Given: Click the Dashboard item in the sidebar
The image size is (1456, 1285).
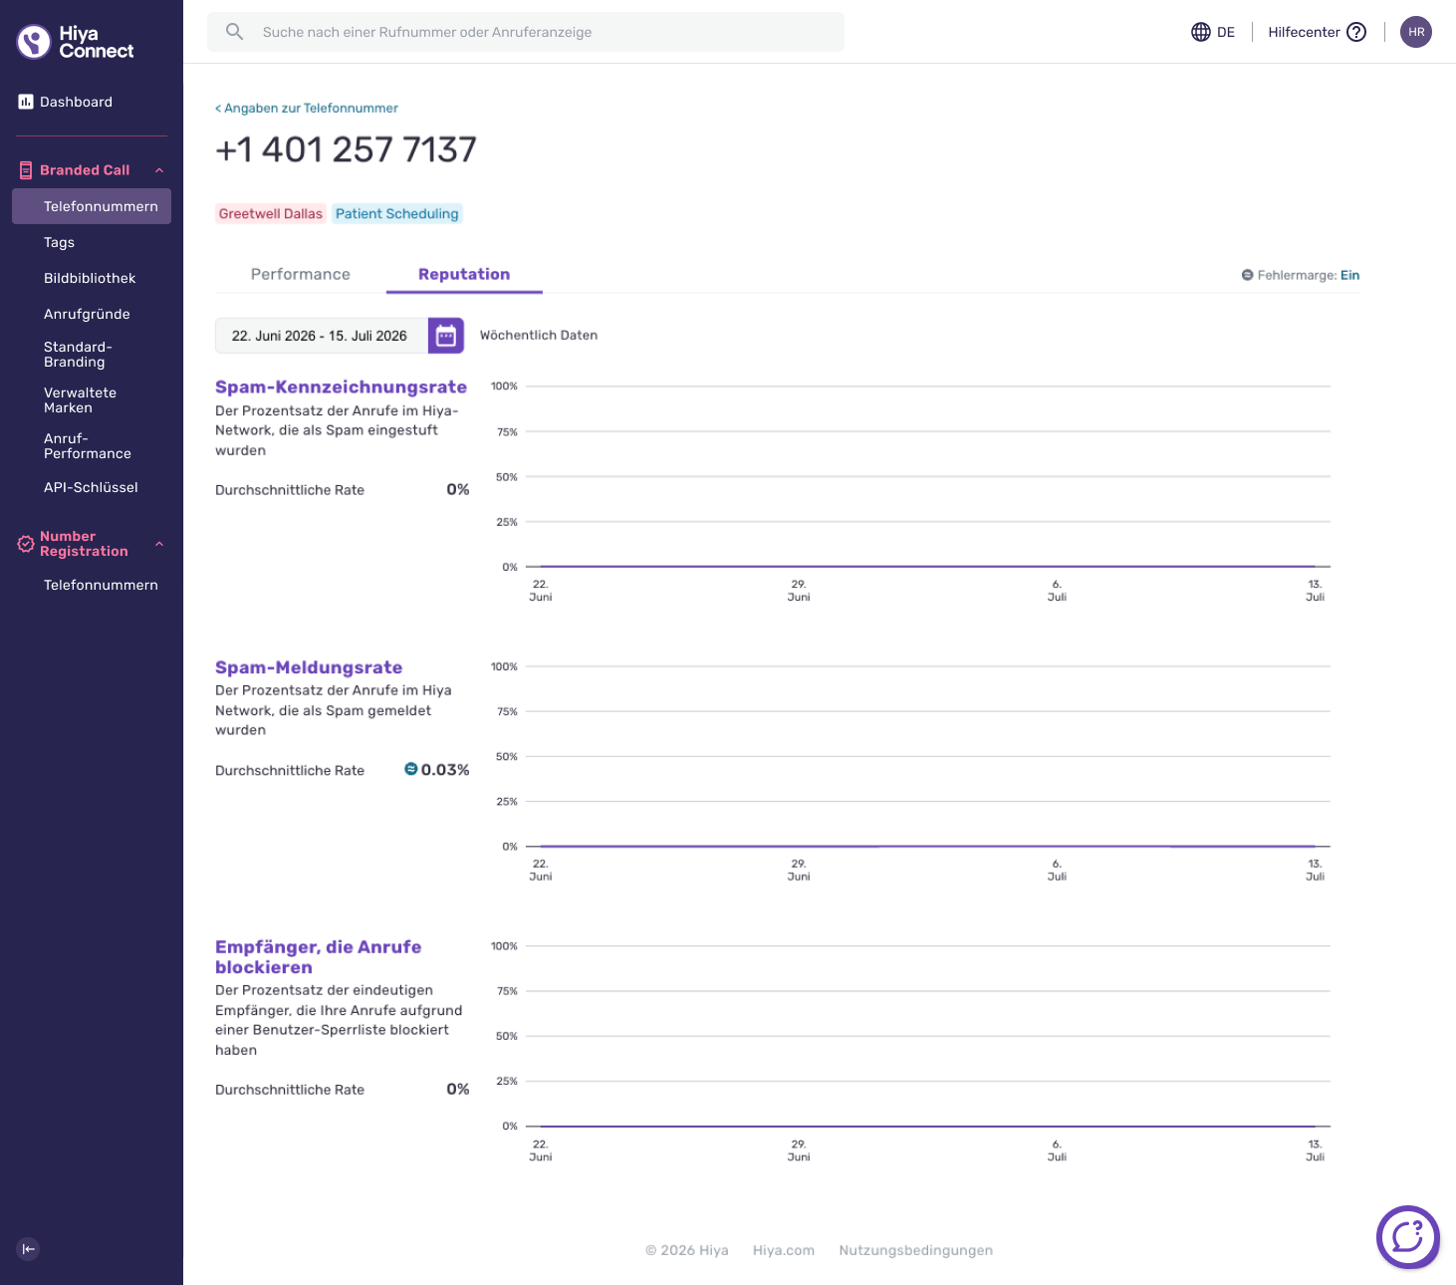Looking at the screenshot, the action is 66,103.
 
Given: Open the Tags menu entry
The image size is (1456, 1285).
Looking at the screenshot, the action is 59,242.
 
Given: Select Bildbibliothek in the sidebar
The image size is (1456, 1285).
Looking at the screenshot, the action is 89,278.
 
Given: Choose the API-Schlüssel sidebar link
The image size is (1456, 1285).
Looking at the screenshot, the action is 91,487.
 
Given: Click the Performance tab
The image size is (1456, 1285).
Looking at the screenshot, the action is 301,274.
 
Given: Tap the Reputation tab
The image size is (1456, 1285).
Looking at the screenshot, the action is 464,274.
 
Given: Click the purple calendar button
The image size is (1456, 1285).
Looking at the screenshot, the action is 445,336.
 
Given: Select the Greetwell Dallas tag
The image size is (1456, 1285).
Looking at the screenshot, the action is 270,213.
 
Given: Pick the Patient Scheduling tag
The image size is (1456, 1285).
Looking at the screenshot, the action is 396,213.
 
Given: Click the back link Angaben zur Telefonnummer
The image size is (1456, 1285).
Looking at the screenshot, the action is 306,108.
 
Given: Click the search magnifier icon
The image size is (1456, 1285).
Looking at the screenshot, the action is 234,32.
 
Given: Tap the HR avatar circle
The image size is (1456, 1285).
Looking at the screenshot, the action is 1415,32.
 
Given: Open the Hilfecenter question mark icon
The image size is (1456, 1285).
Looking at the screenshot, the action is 1355,32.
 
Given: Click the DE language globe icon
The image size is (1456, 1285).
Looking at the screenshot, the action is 1200,32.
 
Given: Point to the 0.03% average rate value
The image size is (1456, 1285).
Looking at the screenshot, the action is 445,770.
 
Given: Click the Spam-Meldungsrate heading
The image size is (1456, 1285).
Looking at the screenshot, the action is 309,667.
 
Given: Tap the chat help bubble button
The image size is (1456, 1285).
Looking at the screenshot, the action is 1407,1237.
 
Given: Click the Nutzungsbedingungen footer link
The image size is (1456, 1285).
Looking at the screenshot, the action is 915,1250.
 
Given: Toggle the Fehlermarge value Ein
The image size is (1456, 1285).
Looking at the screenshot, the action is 1349,275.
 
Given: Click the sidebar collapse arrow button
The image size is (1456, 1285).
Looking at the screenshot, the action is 28,1249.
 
